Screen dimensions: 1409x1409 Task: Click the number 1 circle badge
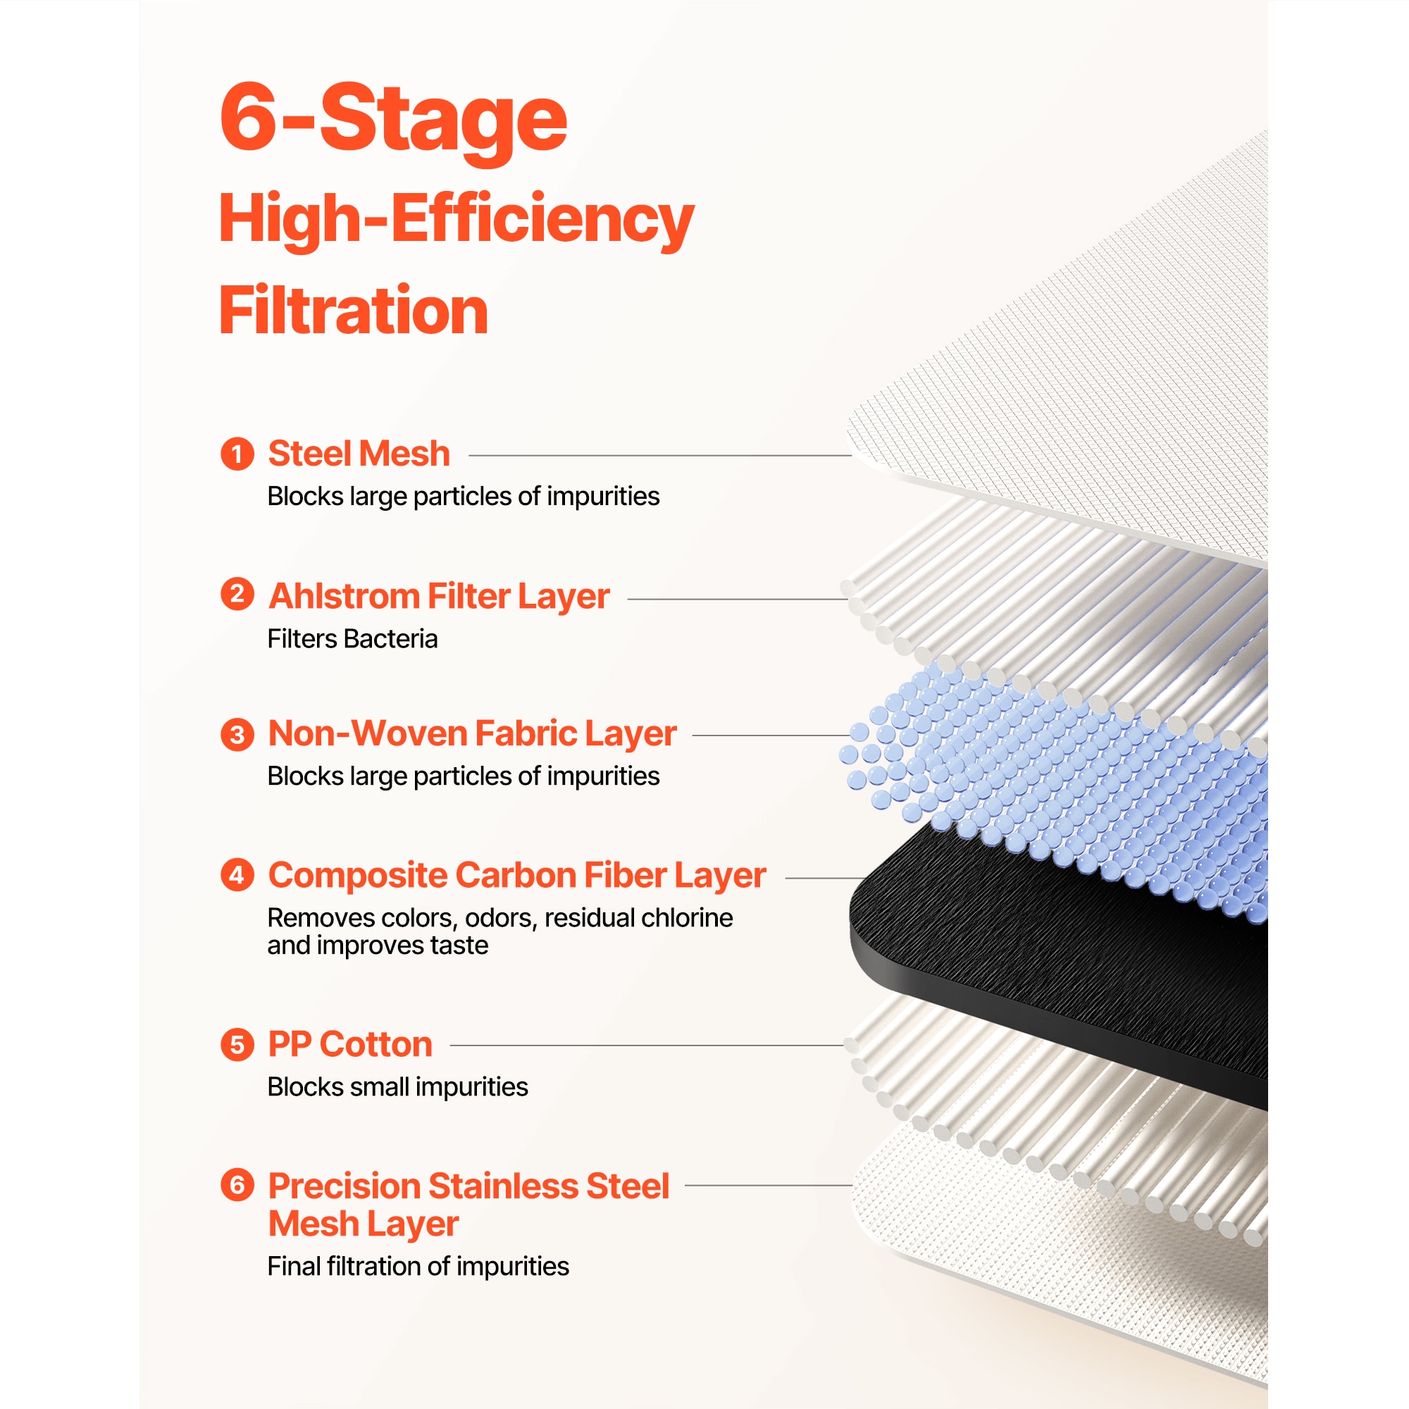coord(237,454)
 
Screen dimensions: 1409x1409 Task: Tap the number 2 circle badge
coord(237,595)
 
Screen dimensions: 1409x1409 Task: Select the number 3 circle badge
coord(237,733)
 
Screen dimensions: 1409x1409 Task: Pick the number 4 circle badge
coord(237,874)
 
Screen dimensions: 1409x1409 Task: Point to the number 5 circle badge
coord(237,1044)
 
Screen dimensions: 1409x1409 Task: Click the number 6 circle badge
coord(237,1185)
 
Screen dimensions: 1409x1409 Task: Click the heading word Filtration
coord(354,310)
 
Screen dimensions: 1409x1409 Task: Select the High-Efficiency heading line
coord(457,220)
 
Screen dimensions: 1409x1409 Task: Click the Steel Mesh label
coord(359,454)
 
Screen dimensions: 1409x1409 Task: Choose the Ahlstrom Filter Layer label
coord(439,597)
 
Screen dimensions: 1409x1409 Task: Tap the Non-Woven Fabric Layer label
coord(473,733)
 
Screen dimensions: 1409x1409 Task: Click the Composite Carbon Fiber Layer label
coord(517,876)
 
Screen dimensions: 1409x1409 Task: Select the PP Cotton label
coord(350,1044)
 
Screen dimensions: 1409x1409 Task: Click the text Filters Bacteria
coord(352,639)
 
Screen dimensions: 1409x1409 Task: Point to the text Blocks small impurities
coord(397,1087)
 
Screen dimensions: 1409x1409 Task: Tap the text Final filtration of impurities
coord(418,1267)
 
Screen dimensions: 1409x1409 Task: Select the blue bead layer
coord(1057,788)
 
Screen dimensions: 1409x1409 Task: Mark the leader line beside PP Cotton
coord(647,1045)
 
